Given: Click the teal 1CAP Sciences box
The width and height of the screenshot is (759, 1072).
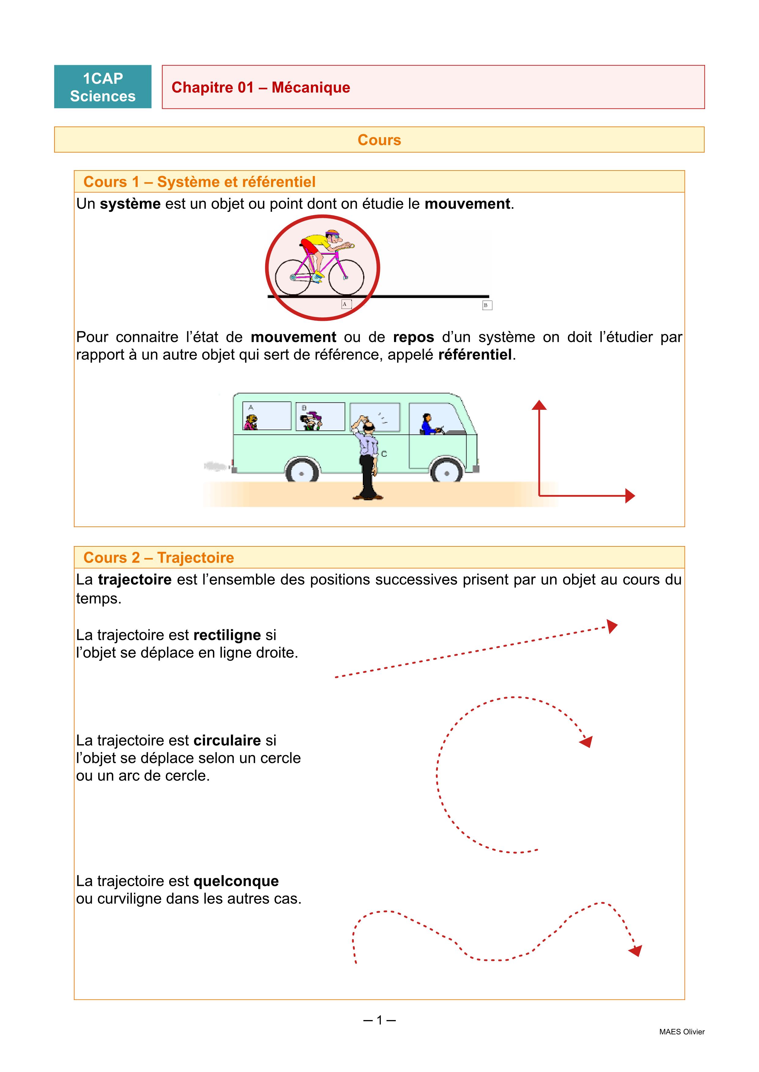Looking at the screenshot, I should point(103,87).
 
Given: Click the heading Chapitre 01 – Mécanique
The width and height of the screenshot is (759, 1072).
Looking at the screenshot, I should point(260,87).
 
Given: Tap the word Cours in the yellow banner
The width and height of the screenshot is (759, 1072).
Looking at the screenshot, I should point(379,140).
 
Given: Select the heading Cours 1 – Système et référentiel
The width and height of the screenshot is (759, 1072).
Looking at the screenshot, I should point(199,182).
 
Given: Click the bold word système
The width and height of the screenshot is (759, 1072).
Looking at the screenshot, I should point(130,204).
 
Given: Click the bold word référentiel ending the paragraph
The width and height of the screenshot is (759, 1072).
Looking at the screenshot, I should point(475,355).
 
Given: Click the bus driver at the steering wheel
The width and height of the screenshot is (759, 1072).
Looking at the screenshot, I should point(428,424).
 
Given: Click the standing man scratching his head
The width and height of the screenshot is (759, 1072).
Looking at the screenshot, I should point(369,457).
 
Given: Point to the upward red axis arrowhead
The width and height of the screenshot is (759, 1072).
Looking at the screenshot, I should point(539,405).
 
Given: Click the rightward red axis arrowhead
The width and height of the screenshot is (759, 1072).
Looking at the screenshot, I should point(630,496).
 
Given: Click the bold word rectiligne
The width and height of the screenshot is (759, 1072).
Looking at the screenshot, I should point(227,635).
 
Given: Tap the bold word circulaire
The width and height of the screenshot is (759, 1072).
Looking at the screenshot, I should point(227,740).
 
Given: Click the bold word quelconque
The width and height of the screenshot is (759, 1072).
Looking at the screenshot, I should point(236,881).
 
